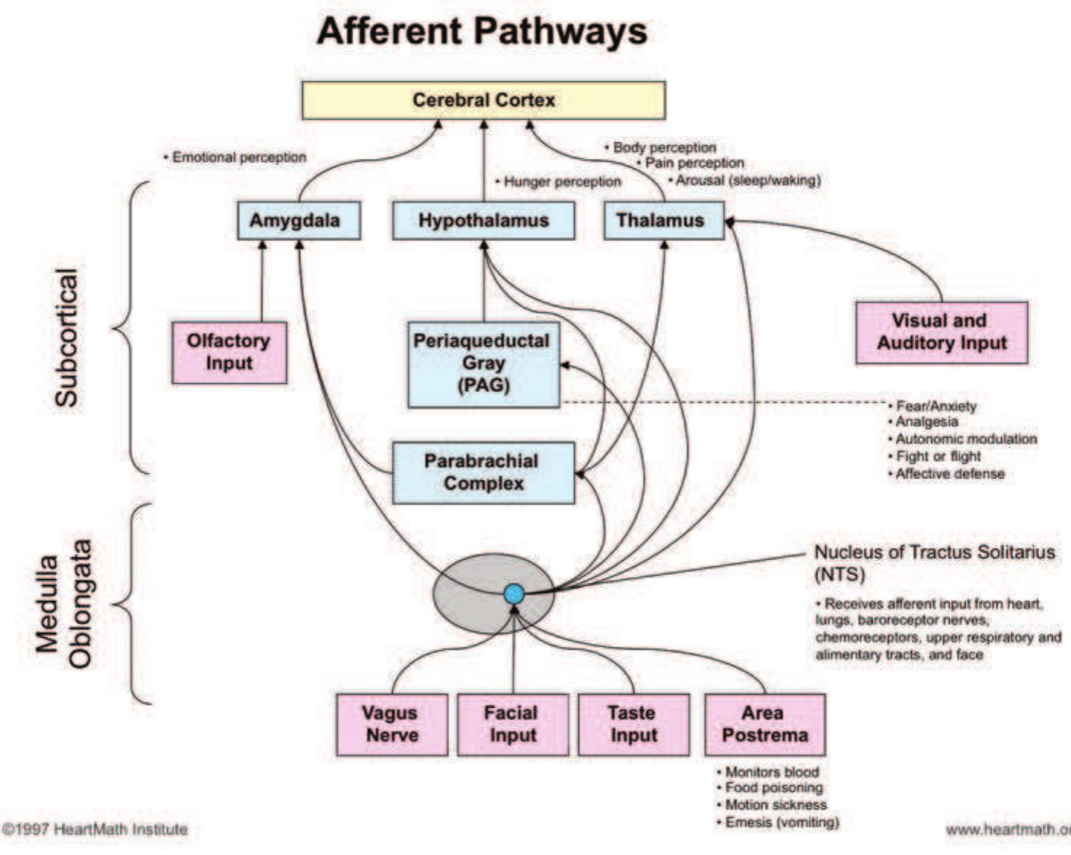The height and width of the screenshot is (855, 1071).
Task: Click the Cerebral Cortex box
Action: pyautogui.click(x=483, y=100)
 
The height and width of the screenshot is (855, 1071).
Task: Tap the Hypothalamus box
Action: pyautogui.click(x=483, y=221)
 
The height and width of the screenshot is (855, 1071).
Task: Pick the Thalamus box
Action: pyautogui.click(x=663, y=221)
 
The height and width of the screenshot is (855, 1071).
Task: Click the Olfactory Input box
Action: pyautogui.click(x=229, y=353)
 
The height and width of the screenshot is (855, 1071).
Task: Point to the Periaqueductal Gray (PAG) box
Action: pyautogui.click(x=483, y=364)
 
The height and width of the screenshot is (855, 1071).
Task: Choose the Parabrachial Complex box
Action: pyautogui.click(x=483, y=472)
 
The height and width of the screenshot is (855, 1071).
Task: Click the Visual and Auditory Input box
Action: pyautogui.click(x=942, y=332)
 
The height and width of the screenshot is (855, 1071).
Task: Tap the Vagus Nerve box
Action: pyautogui.click(x=391, y=724)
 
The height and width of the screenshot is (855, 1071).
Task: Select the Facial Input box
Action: pyautogui.click(x=513, y=724)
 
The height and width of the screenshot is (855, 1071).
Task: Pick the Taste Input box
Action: pyautogui.click(x=633, y=724)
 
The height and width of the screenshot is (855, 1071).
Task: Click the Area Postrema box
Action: pyautogui.click(x=765, y=724)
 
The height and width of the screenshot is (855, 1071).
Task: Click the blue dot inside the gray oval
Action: pyautogui.click(x=514, y=594)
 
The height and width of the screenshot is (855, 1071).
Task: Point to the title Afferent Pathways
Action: pyautogui.click(x=482, y=31)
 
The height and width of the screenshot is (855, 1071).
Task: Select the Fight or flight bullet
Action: pyautogui.click(x=937, y=457)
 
